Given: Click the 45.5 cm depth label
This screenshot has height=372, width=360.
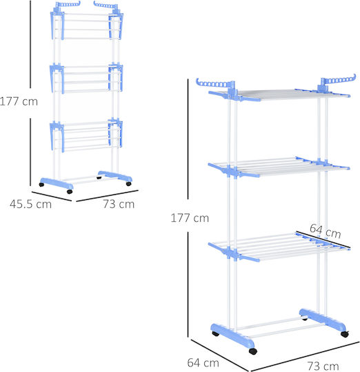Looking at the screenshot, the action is pos(30,204).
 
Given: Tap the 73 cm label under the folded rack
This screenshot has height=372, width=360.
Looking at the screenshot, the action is pos(119,204).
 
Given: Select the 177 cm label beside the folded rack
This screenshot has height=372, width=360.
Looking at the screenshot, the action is pos(19,101).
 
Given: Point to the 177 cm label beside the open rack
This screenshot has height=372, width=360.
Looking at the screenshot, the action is pos(190,218).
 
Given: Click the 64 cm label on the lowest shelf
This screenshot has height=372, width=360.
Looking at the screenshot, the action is pos(326,231).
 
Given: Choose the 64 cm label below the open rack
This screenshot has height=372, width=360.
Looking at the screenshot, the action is pos(203,363).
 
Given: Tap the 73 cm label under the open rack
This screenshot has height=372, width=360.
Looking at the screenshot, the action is pos(323,366).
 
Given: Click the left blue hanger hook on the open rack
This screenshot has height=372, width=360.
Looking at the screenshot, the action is pos(214,84).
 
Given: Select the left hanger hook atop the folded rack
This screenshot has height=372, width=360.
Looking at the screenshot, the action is pos(68,4).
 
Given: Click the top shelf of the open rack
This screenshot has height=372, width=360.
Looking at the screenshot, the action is pos(279,94).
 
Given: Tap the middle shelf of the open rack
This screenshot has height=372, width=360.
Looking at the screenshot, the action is pos(279,167).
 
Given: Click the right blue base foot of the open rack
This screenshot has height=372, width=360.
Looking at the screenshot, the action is pos(323,320).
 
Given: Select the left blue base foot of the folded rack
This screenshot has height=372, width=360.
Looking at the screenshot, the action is pos(57,183).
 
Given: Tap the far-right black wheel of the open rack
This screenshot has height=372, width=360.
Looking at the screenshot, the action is pos(345,334).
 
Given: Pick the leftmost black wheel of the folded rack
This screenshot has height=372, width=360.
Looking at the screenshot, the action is pos(41,185).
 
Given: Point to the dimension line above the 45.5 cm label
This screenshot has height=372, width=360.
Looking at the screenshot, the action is pos(52,196).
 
